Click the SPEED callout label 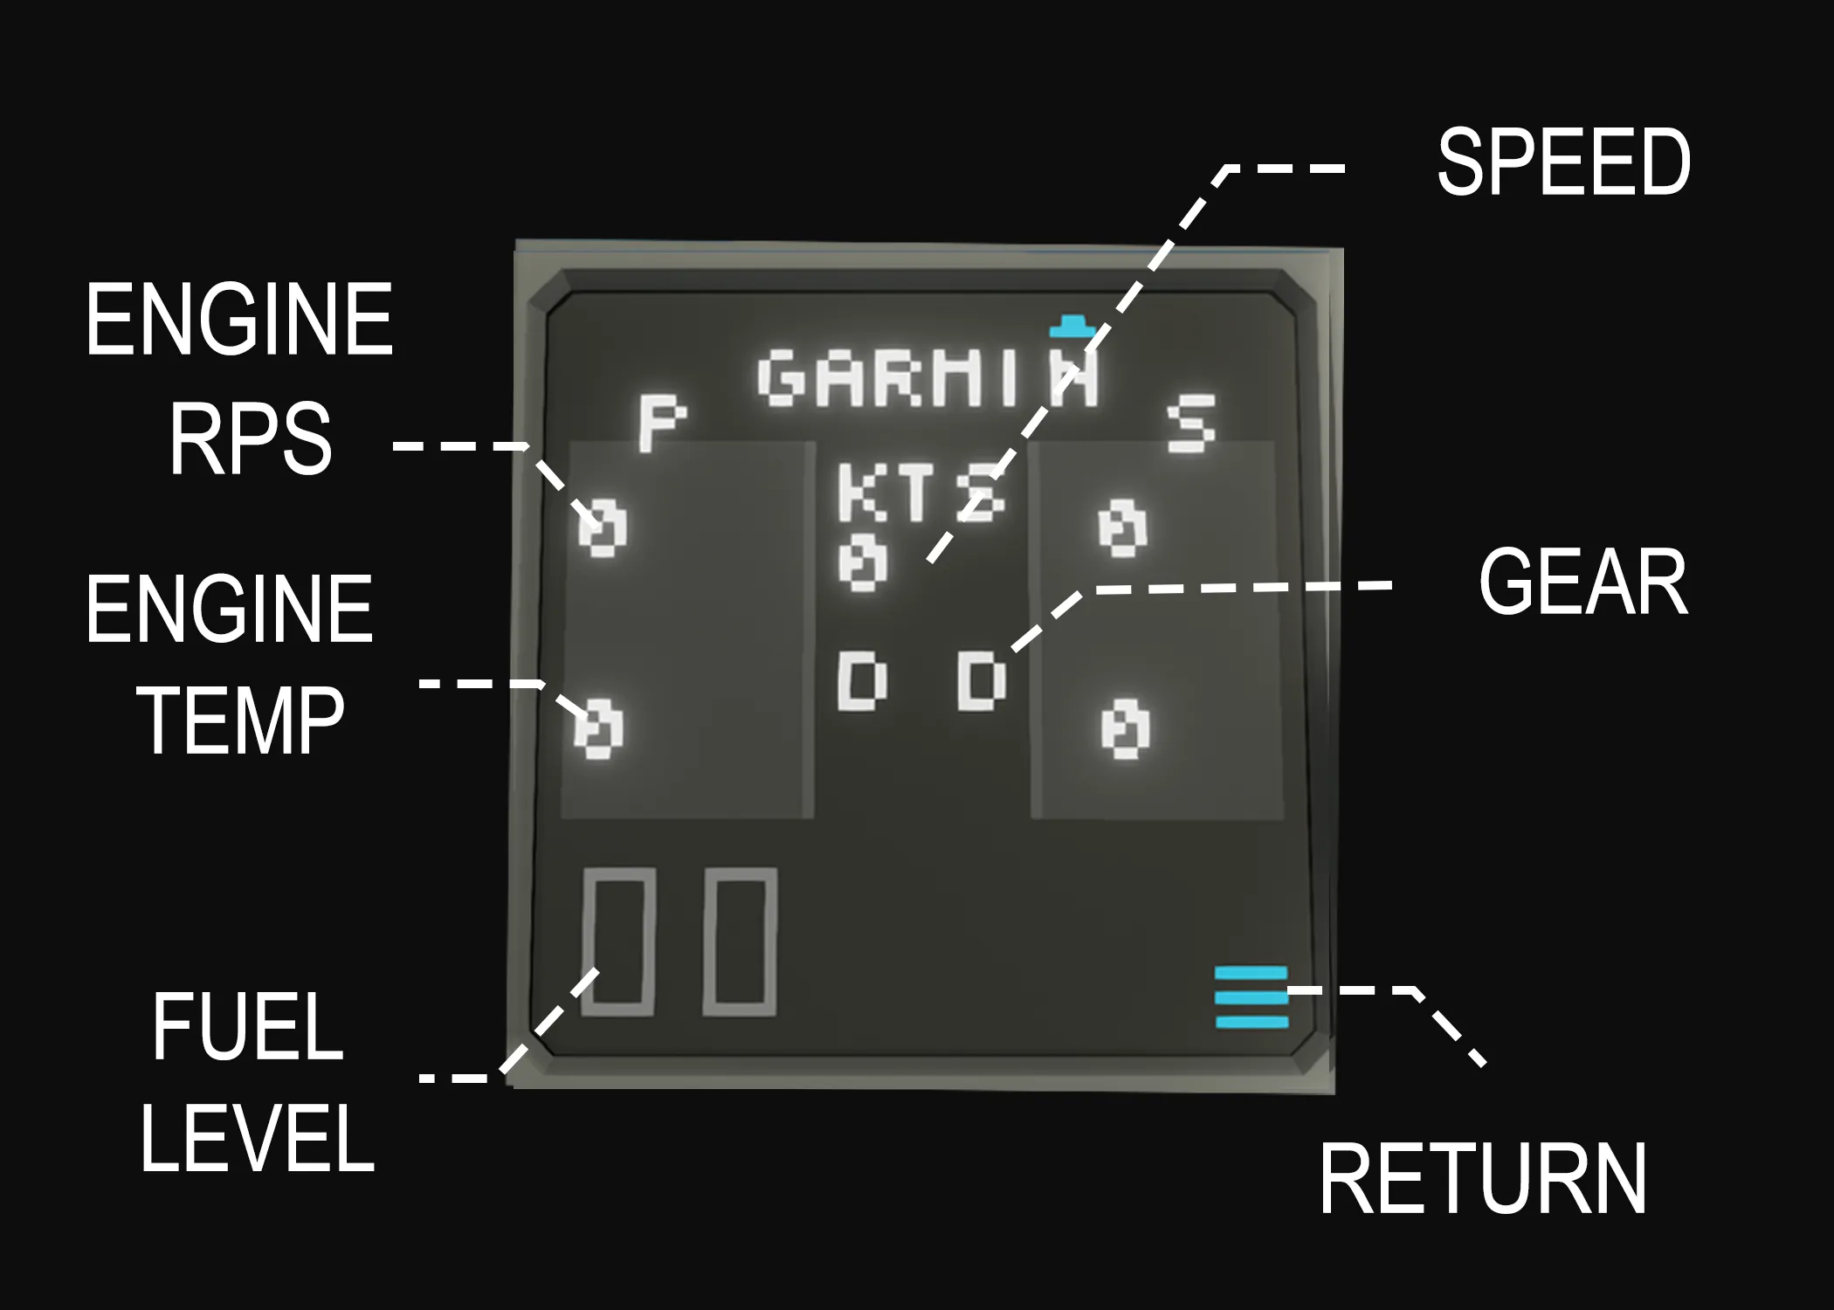pyautogui.click(x=1563, y=162)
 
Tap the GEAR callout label pyautogui.click(x=1582, y=583)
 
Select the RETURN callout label pyautogui.click(x=1482, y=1179)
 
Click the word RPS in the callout pyautogui.click(x=251, y=438)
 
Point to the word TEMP pyautogui.click(x=241, y=720)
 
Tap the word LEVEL pyautogui.click(x=258, y=1138)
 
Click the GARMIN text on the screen pyautogui.click(x=928, y=379)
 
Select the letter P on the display pyautogui.click(x=660, y=423)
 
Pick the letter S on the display pyautogui.click(x=1191, y=423)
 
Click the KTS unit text pyautogui.click(x=920, y=493)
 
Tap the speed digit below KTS pyautogui.click(x=863, y=562)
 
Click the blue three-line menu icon pyautogui.click(x=1251, y=997)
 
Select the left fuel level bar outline pyautogui.click(x=618, y=942)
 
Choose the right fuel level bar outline pyautogui.click(x=740, y=942)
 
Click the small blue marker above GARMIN pyautogui.click(x=1072, y=327)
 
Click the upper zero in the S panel pyautogui.click(x=1122, y=527)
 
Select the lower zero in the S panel pyautogui.click(x=1126, y=727)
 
